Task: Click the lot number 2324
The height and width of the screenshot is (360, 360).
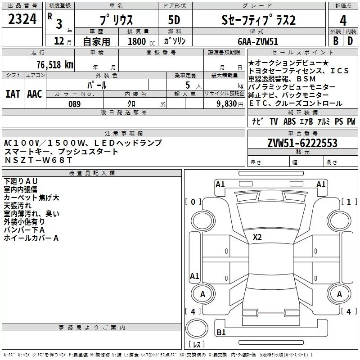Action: coord(22,19)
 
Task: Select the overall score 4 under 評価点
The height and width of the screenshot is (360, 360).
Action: coord(343,20)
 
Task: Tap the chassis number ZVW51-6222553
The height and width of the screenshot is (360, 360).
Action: coord(302,144)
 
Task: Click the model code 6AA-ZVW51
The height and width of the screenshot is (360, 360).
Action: coord(258,41)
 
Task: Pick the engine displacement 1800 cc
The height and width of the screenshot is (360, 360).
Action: coord(139,41)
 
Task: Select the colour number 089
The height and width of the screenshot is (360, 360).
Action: coord(74,104)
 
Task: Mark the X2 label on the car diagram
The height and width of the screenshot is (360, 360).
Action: coord(257,237)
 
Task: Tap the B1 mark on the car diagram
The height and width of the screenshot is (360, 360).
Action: coord(221,333)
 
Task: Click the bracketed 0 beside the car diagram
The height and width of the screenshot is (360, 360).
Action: coord(193,202)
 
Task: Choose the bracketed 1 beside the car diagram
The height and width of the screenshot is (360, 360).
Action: coord(348,202)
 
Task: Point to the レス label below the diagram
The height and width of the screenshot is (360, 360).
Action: coord(196,345)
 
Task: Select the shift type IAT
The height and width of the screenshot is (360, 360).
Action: coord(13,94)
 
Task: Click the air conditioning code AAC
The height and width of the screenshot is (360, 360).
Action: coord(34,94)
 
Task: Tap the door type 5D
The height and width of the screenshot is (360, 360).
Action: coord(174,20)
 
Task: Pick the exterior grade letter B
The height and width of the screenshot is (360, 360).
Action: coord(335,41)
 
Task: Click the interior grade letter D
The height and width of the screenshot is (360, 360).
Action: coord(350,41)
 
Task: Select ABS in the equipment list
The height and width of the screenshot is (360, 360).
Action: coord(289,121)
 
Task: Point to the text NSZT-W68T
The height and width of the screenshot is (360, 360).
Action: coord(32,160)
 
